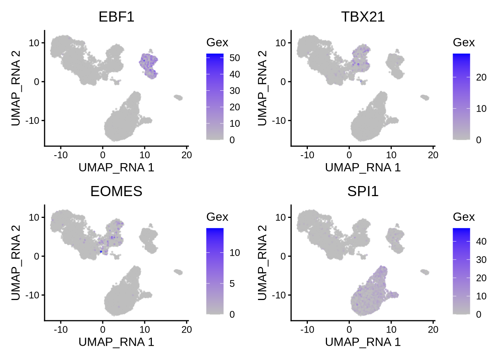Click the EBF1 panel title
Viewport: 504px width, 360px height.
click(x=116, y=17)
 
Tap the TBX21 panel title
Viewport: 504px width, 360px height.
click(x=363, y=17)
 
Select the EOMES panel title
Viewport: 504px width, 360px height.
click(x=116, y=191)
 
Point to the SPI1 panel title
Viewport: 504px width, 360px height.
click(x=363, y=191)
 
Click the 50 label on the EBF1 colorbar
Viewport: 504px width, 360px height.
click(x=235, y=58)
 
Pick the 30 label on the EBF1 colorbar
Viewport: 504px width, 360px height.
click(x=235, y=91)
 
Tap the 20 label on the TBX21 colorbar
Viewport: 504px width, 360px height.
click(x=481, y=78)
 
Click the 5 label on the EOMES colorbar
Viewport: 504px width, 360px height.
click(x=232, y=283)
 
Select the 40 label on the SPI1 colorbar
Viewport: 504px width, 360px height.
click(x=481, y=241)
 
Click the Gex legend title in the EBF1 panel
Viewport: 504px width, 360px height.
click(x=217, y=42)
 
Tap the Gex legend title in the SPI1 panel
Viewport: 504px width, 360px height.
click(x=463, y=217)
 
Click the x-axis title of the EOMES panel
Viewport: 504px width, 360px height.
click(x=116, y=342)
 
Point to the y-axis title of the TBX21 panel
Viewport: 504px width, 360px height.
click(x=262, y=88)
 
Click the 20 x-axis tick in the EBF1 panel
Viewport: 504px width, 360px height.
click(x=187, y=155)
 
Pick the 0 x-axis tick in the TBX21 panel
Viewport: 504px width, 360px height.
click(x=349, y=155)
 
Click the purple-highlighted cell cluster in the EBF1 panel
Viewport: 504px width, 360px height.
click(x=149, y=65)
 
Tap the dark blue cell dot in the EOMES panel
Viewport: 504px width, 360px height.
click(x=101, y=251)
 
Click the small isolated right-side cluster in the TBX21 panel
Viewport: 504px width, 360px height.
click(x=425, y=97)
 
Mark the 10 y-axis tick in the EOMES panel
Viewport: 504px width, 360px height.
click(x=34, y=217)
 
